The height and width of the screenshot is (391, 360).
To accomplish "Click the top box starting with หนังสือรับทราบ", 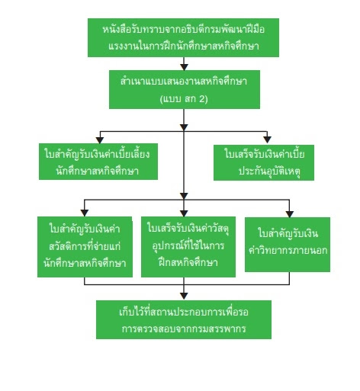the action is [x=183, y=37].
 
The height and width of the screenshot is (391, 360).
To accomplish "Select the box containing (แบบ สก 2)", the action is [x=185, y=89].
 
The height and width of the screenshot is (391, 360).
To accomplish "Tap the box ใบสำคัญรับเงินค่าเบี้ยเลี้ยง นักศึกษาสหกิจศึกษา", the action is [x=98, y=162].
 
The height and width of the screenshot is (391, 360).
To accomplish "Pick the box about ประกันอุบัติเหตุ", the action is [x=264, y=162].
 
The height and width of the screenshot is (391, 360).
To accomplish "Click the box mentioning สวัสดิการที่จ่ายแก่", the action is [x=85, y=247].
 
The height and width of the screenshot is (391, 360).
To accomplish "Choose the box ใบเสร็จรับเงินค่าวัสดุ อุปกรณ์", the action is [x=188, y=247].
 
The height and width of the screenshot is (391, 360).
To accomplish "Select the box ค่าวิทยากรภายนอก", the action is [x=288, y=245].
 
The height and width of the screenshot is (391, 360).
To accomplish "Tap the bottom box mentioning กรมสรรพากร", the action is [x=184, y=319].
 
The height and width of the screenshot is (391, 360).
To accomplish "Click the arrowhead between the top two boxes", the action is [x=184, y=67].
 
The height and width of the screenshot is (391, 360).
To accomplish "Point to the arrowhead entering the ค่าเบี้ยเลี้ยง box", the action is [x=100, y=140].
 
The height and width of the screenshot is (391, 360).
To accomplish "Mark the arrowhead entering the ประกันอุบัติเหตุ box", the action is [x=267, y=140].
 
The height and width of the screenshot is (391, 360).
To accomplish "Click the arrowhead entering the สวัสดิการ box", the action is [x=84, y=213].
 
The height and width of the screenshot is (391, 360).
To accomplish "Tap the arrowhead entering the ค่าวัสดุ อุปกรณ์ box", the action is [x=184, y=213].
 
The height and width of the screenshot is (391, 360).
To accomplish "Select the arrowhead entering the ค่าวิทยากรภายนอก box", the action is [x=289, y=214].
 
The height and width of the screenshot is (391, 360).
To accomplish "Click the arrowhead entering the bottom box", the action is [x=184, y=296].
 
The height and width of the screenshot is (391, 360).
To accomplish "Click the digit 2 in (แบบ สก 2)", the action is [x=201, y=98].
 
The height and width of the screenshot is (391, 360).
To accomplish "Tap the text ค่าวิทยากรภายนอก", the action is [x=288, y=250].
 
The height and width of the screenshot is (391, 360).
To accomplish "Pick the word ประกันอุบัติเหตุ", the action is [x=270, y=171].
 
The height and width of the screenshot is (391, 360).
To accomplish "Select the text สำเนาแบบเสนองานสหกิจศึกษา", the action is [x=184, y=82].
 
